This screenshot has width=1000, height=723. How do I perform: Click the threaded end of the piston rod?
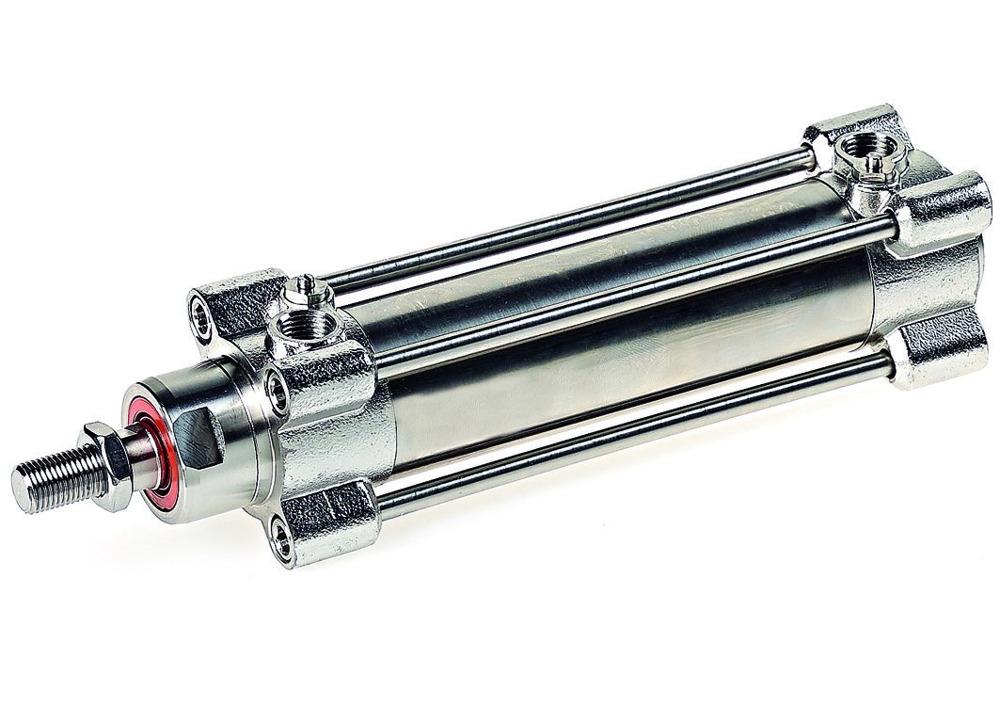pyautogui.click(x=52, y=478)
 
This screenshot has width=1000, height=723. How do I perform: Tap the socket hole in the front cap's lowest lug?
pyautogui.click(x=279, y=538)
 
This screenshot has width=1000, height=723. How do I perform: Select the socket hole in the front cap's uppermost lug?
pyautogui.click(x=201, y=307)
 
